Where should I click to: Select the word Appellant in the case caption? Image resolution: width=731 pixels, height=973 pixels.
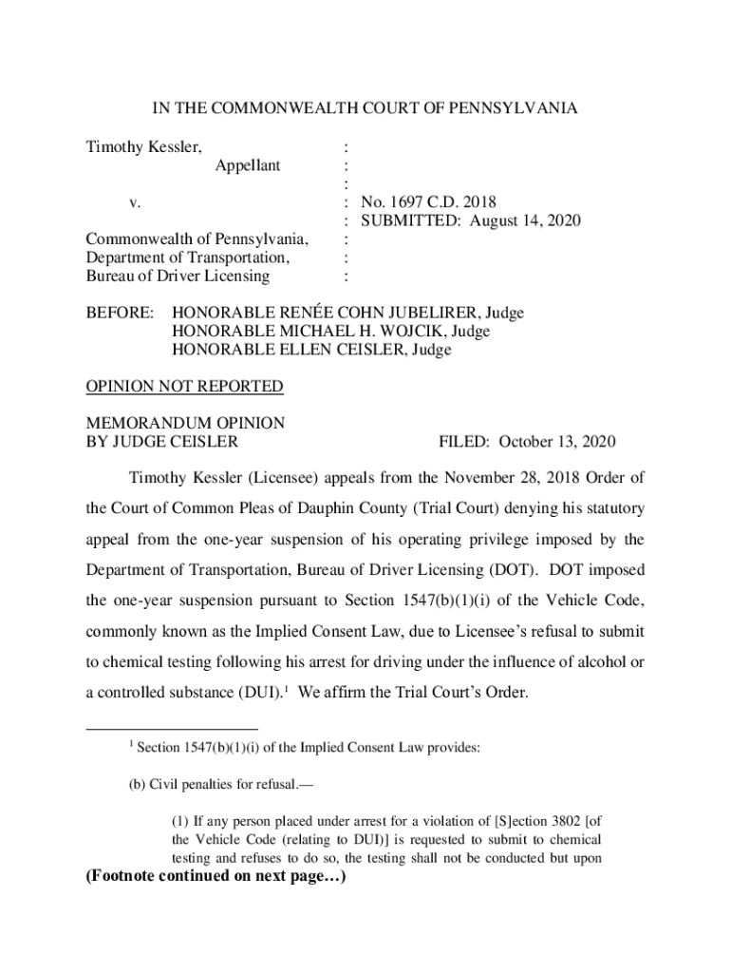click(x=247, y=165)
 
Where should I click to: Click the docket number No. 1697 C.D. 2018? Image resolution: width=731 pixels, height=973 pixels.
click(x=427, y=202)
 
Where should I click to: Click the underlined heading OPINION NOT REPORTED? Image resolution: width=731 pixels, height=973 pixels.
click(x=184, y=387)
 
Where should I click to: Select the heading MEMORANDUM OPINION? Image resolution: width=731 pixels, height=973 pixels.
click(x=185, y=423)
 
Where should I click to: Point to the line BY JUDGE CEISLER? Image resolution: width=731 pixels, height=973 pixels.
click(x=162, y=442)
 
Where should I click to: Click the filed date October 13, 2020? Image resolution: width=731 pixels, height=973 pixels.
click(x=556, y=442)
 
